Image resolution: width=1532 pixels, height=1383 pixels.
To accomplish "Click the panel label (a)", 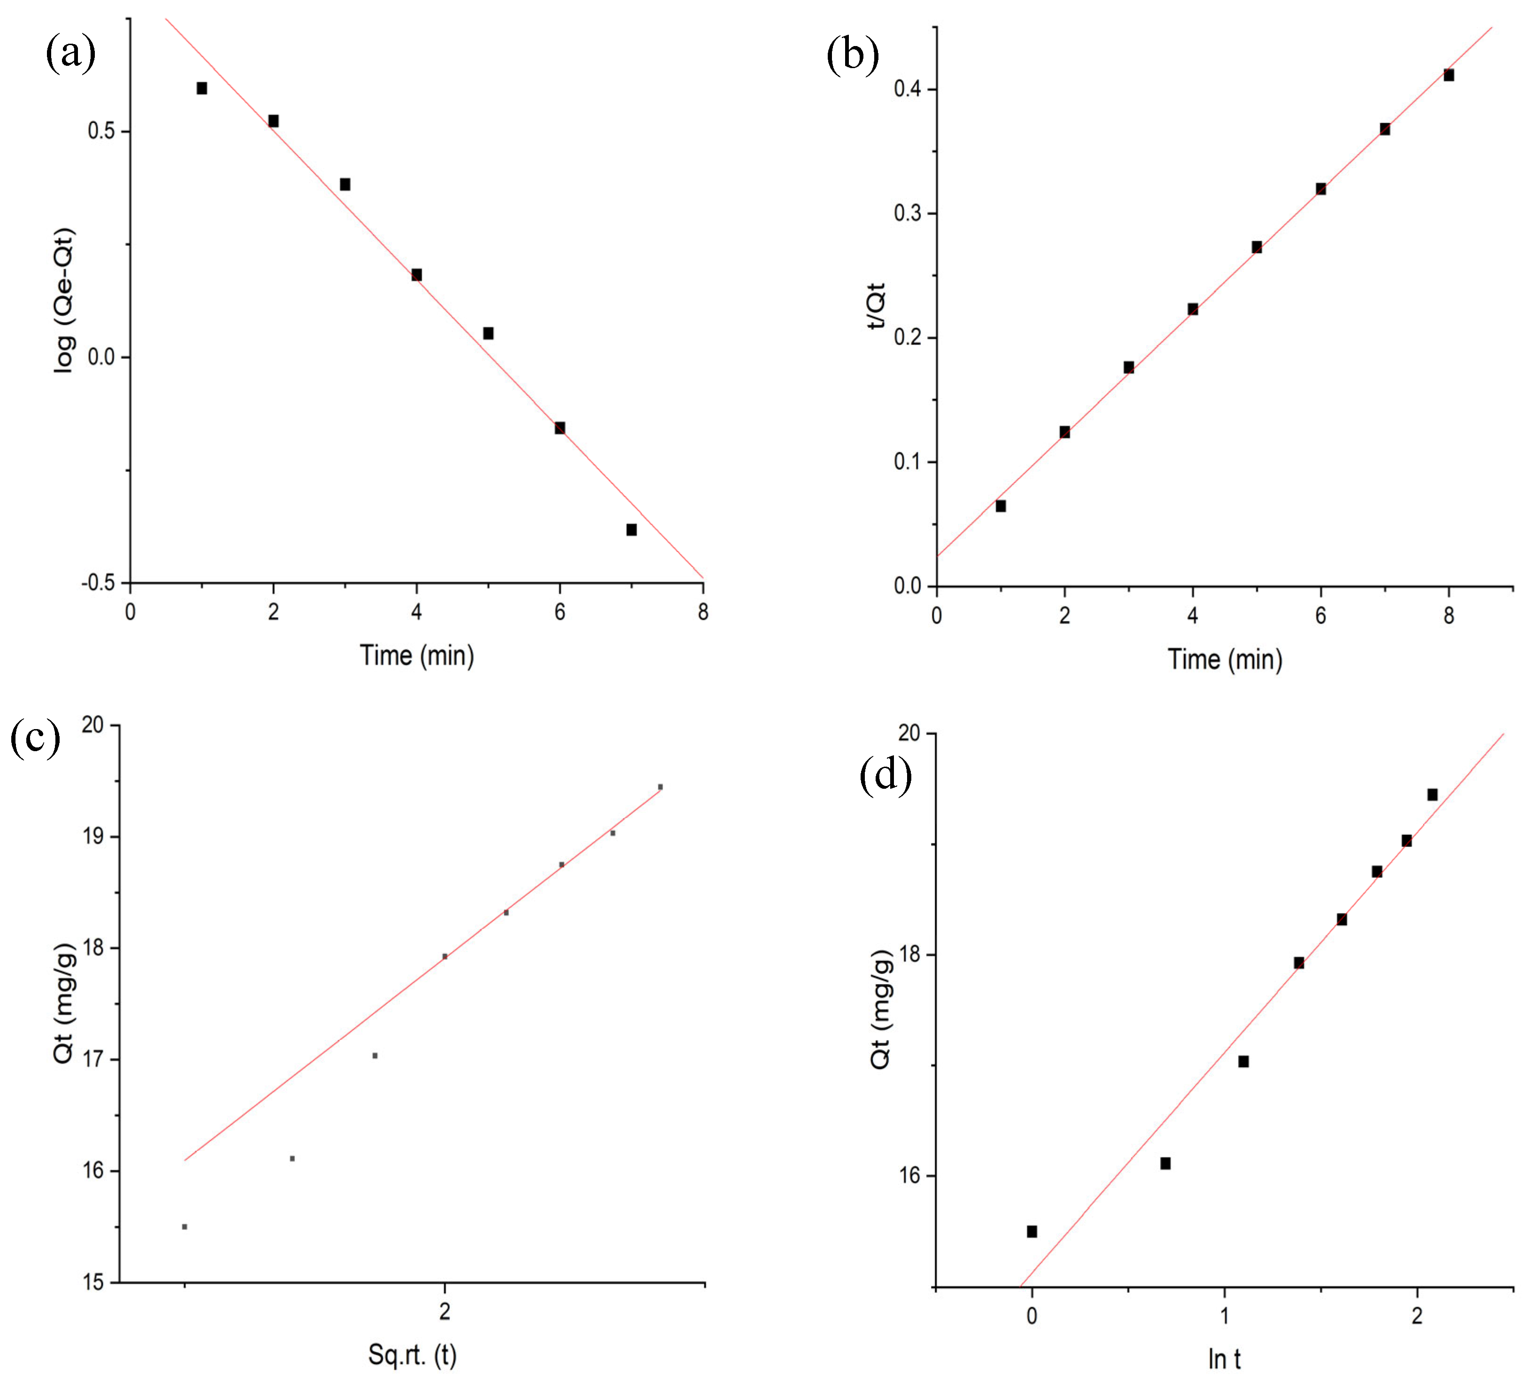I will point(70,53).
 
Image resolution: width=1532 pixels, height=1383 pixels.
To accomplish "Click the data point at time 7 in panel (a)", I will point(631,529).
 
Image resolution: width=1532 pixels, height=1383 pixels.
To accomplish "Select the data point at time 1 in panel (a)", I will point(202,88).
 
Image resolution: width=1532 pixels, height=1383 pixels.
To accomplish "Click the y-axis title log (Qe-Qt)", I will point(65,300).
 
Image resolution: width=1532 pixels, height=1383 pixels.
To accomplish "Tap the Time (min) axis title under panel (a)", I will point(417,655).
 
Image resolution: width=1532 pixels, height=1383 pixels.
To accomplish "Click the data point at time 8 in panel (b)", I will point(1448,75).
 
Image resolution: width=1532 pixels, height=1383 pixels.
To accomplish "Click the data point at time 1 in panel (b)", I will point(1001,506).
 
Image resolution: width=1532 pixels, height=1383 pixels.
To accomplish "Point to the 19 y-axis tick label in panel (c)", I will point(93,837).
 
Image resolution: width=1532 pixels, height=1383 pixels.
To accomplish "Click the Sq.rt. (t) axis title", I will point(412,1354).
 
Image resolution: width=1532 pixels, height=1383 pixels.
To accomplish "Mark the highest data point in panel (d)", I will point(1432,795).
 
